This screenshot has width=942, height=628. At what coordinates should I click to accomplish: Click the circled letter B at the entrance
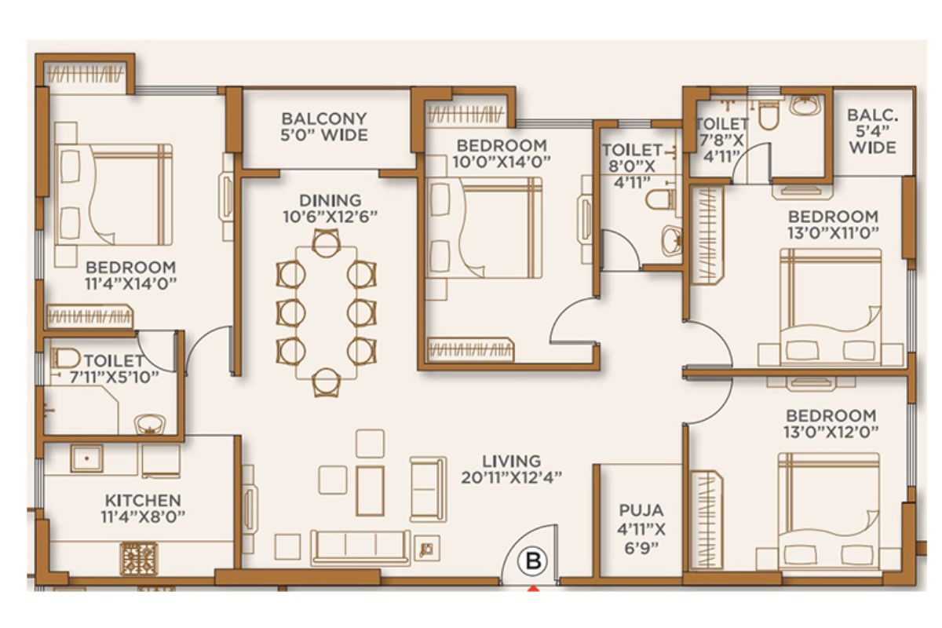coord(534,560)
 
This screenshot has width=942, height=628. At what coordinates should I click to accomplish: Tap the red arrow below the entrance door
coord(533,588)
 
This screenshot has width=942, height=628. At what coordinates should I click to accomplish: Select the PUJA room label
coord(641,510)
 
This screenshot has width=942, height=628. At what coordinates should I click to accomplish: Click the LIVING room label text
coord(511,461)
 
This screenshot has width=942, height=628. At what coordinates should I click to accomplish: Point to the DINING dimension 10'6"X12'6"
coord(330,217)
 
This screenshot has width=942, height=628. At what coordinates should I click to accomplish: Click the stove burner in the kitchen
coord(138,558)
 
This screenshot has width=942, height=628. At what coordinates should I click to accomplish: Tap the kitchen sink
coord(86,458)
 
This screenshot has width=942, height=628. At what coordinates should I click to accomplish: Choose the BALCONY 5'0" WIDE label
coord(324,126)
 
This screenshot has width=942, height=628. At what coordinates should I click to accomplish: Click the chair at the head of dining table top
coord(327,243)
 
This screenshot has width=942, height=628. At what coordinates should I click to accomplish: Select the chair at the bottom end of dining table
coord(327,383)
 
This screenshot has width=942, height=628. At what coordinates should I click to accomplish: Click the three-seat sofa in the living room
coord(360,548)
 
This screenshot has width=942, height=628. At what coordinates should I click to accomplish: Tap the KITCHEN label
coord(143,501)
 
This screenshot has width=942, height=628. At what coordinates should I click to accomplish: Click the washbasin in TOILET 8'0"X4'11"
coord(672,240)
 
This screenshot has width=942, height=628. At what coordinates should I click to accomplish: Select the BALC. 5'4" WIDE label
coord(873,131)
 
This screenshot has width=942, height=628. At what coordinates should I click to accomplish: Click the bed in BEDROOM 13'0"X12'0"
coord(829,512)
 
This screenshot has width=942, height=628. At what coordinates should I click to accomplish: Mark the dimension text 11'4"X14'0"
coord(130,284)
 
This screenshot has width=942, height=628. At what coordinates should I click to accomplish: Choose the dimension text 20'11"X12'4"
coord(511,478)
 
